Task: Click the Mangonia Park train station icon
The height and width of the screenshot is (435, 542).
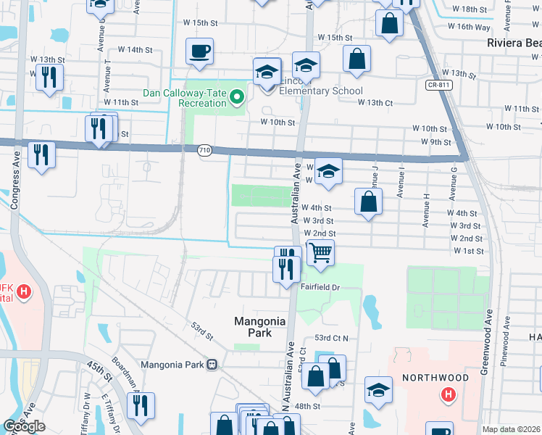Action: (212, 365)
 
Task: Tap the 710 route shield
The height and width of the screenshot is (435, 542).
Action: (205, 150)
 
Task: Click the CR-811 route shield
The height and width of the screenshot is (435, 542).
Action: (436, 85)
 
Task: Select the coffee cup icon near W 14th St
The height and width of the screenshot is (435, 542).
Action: (199, 51)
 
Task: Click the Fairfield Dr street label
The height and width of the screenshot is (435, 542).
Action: (320, 288)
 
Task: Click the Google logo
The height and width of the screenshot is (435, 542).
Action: (24, 426)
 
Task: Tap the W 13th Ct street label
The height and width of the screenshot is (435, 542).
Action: (375, 103)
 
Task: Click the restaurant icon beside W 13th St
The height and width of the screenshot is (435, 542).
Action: (49, 77)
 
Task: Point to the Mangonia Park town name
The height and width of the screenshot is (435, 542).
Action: (253, 327)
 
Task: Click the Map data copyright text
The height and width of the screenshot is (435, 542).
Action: (512, 429)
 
